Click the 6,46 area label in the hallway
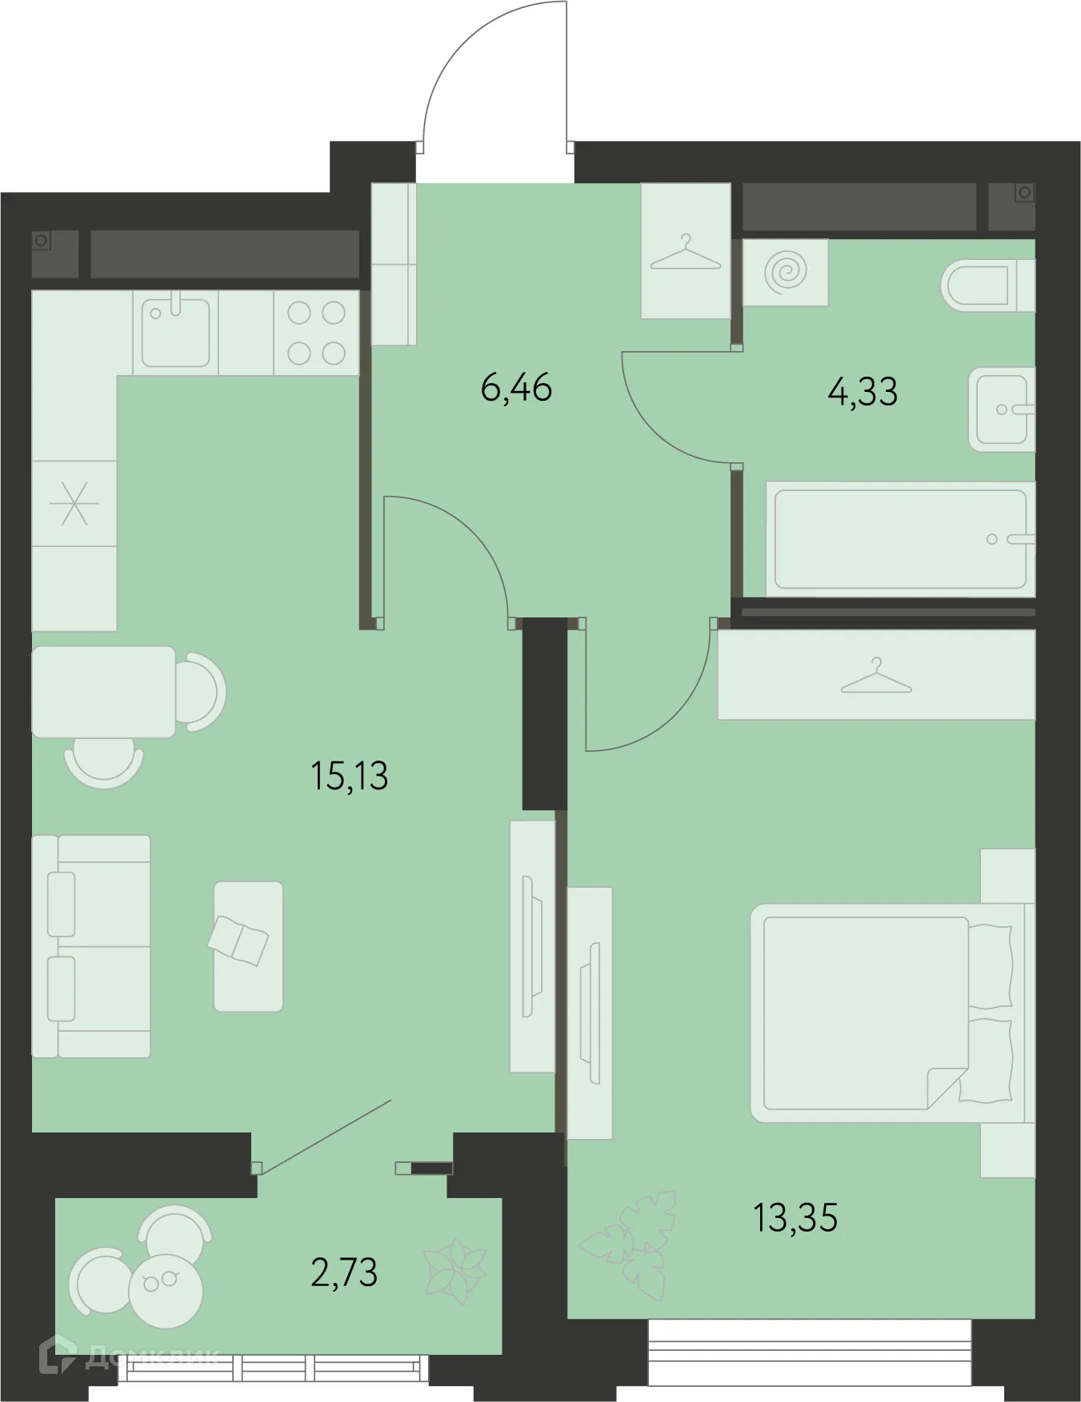[x=516, y=389]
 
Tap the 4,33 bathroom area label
[x=863, y=393]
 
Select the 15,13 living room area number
[x=349, y=777]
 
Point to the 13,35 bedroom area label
[x=795, y=1218]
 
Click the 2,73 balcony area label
[x=344, y=1272]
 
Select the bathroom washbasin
[x=1000, y=409]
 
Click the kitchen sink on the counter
[x=175, y=332]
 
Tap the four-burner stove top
[x=316, y=333]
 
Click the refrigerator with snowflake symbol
[x=74, y=504]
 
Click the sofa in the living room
[x=91, y=947]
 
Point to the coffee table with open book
[x=248, y=946]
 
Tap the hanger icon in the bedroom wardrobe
[x=876, y=677]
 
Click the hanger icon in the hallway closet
[x=685, y=252]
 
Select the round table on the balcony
[x=166, y=1284]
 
